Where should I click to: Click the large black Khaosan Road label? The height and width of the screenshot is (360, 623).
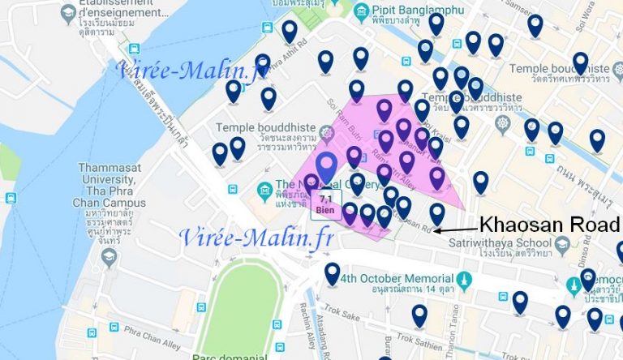tap(549, 225)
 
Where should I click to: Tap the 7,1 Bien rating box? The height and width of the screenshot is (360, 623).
tap(326, 204)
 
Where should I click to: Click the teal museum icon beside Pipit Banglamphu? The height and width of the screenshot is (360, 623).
tap(360, 11)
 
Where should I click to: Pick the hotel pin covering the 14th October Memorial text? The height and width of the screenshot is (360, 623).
tap(332, 273)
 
